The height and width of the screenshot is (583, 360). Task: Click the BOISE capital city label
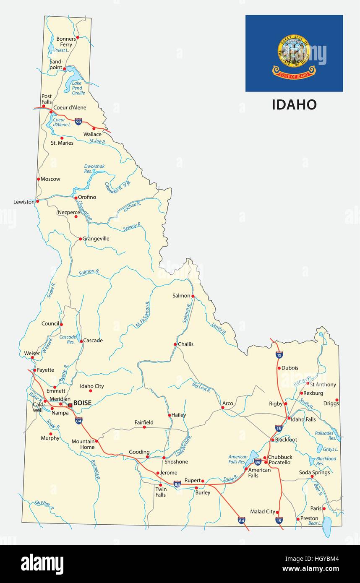82,403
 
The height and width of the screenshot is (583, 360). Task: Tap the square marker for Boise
70,405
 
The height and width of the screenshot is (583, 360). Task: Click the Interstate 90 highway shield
78,122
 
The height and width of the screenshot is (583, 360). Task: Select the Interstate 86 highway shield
258,462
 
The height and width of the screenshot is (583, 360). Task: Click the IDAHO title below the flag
294,104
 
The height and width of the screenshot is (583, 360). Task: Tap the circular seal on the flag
294,51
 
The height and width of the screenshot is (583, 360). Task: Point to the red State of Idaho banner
294,75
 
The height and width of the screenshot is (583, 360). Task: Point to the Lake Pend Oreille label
78,88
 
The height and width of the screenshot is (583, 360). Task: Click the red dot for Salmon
193,296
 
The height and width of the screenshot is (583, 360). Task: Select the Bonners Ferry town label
66,42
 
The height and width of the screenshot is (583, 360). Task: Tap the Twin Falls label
161,492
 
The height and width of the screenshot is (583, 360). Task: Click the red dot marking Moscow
39,179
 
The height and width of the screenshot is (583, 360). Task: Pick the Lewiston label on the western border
24,202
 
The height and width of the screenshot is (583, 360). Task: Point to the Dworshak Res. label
94,169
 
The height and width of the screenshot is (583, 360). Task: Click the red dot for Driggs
337,400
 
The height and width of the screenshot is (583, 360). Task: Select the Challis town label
186,344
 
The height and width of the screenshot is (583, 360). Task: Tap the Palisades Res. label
325,435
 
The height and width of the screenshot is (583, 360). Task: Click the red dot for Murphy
51,434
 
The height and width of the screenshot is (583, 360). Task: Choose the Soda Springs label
314,472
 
